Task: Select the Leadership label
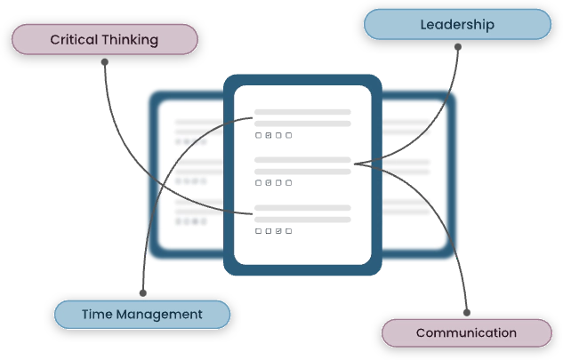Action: tap(457, 25)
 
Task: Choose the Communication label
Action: tap(466, 333)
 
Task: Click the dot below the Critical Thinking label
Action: tap(105, 62)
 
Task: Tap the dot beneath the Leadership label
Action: tap(459, 47)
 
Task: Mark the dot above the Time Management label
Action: tap(143, 292)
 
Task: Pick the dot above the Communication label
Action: tap(468, 312)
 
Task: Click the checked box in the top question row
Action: tap(269, 136)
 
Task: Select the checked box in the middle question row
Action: tap(269, 183)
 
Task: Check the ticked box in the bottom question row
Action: tap(278, 230)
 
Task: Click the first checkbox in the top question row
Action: tap(259, 136)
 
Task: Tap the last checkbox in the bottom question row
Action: tap(288, 230)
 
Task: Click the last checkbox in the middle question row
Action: tap(288, 183)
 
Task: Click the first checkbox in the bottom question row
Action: tap(259, 230)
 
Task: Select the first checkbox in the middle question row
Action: tap(259, 183)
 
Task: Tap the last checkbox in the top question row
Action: tap(288, 136)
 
